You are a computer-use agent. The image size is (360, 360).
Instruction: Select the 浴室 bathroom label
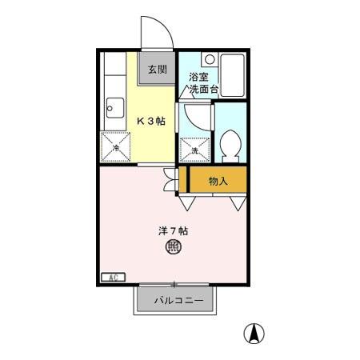[198, 78]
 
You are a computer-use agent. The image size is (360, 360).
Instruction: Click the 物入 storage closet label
[218, 181]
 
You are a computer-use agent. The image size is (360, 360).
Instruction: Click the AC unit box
[112, 278]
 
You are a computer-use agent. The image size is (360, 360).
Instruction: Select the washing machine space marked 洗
[195, 148]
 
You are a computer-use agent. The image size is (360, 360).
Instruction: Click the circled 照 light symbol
[172, 248]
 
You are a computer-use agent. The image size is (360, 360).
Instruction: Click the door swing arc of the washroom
[194, 118]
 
